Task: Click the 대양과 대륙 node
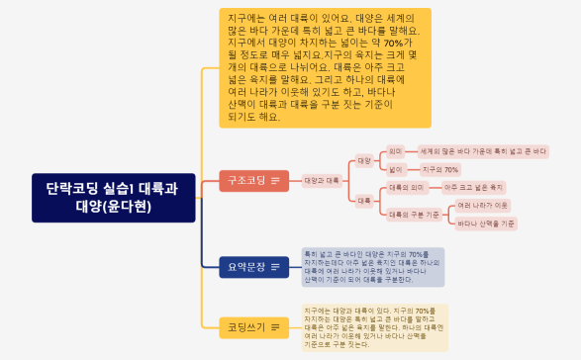(322, 180)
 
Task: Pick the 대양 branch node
(363, 160)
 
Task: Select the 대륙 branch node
(363, 201)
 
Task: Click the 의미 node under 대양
(395, 151)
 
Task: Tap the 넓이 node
(395, 169)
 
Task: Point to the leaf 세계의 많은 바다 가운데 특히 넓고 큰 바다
(482, 151)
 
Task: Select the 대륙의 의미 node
(406, 187)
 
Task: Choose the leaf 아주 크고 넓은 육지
(474, 187)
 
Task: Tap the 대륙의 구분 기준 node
(414, 214)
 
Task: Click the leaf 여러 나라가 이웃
(483, 205)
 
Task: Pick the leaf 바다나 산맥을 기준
(487, 224)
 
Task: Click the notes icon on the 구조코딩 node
(274, 180)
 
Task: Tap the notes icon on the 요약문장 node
(274, 266)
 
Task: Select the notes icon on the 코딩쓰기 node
(274, 325)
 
